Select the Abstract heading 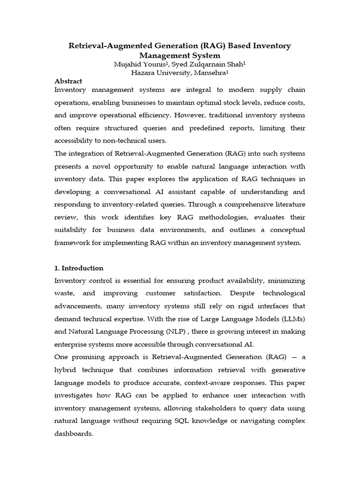point(68,81)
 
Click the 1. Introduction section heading point(79,268)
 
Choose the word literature point(288,204)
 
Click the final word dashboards point(74,434)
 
